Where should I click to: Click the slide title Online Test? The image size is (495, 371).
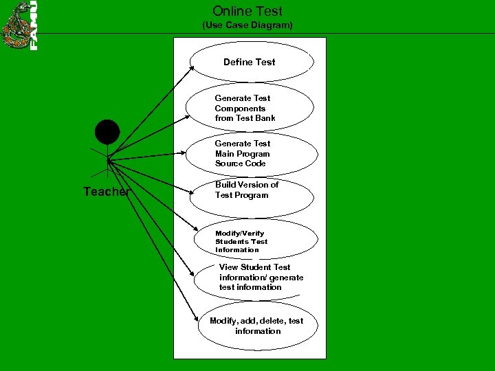pyautogui.click(x=247, y=11)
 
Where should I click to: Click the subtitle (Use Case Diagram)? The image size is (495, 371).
pyautogui.click(x=247, y=25)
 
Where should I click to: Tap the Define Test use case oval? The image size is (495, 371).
pyautogui.click(x=251, y=62)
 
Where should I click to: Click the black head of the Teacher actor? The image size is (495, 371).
pyautogui.click(x=107, y=132)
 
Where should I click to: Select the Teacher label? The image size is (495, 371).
pyautogui.click(x=106, y=192)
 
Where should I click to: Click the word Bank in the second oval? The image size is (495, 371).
pyautogui.click(x=265, y=118)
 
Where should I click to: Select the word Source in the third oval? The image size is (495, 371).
pyautogui.click(x=230, y=164)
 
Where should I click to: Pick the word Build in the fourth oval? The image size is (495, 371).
pyautogui.click(x=225, y=185)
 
